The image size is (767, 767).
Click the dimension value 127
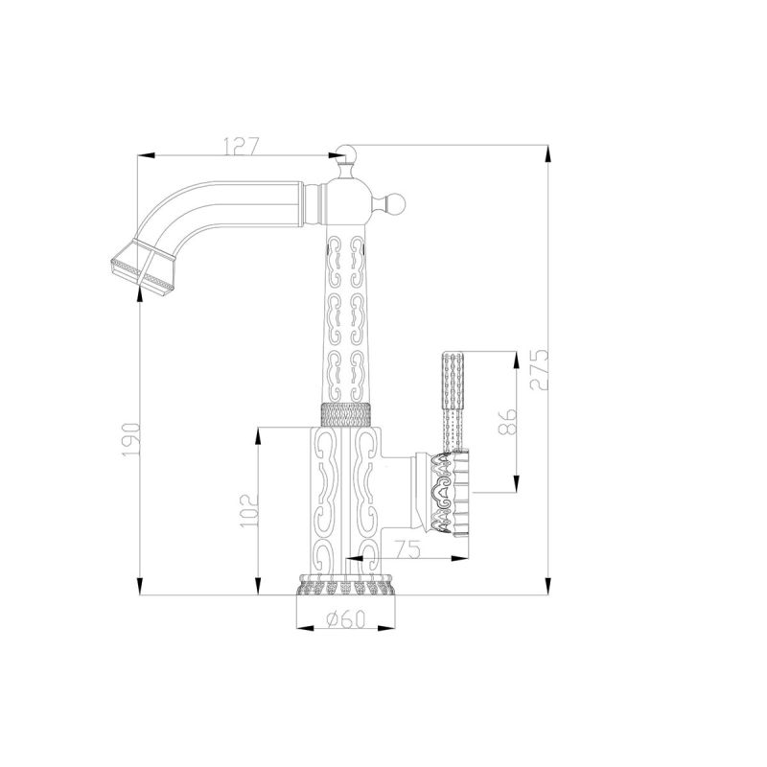tap(241, 146)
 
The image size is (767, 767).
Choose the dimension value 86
tap(509, 421)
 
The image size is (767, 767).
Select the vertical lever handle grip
tap(453, 383)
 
